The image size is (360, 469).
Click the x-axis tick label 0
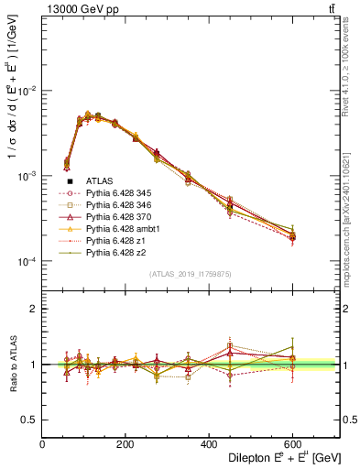(x=42, y=444)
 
